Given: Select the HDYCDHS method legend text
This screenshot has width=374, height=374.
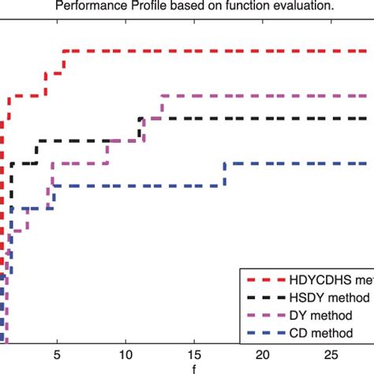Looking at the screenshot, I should (332, 280).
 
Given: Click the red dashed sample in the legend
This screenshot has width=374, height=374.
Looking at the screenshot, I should (266, 280).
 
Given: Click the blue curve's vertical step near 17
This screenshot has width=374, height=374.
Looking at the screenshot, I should (225, 174).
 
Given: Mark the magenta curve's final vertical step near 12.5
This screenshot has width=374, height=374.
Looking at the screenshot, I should (163, 107).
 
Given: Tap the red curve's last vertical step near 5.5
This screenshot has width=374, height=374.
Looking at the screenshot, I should (63, 62).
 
